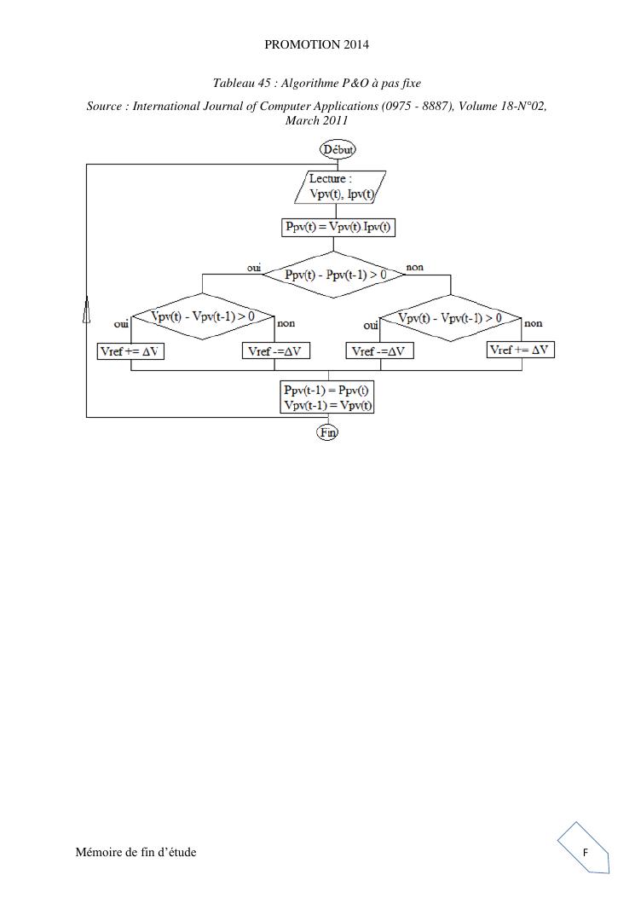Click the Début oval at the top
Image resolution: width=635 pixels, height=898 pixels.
(x=338, y=149)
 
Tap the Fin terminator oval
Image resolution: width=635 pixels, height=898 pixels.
(x=328, y=432)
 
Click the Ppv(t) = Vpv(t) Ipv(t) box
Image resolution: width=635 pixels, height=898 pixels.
(x=339, y=228)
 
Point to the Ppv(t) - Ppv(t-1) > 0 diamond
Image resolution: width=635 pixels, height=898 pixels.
(x=335, y=275)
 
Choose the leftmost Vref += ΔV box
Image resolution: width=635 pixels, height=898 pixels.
(x=130, y=351)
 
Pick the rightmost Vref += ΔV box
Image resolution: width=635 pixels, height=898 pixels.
(x=521, y=350)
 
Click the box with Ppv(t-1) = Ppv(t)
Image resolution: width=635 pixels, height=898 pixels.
(x=327, y=397)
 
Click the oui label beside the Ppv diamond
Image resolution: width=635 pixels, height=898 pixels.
(x=254, y=267)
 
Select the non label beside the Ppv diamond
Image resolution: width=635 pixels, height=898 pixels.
(x=415, y=267)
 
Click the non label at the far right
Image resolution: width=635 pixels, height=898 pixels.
(x=533, y=323)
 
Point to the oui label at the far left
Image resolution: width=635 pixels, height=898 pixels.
(x=121, y=324)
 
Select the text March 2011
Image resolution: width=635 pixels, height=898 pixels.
(x=317, y=120)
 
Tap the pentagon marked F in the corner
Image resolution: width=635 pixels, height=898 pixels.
(x=585, y=852)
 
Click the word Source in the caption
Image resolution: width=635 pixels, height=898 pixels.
(x=107, y=107)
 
